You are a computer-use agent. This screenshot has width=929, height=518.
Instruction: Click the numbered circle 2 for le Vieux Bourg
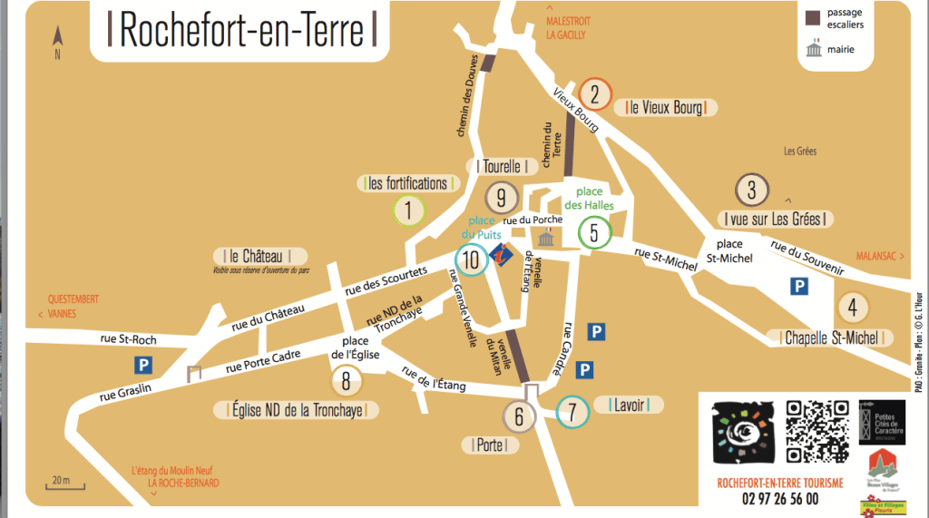(x=595, y=93)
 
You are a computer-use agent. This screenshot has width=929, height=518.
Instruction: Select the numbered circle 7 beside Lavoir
(x=572, y=413)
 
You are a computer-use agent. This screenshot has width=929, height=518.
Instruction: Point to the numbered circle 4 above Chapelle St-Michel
(x=852, y=307)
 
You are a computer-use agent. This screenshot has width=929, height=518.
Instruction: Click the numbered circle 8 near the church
(x=347, y=381)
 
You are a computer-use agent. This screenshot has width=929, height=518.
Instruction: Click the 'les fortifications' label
(x=407, y=183)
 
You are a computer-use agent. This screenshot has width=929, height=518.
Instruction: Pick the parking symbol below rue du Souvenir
(x=799, y=287)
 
